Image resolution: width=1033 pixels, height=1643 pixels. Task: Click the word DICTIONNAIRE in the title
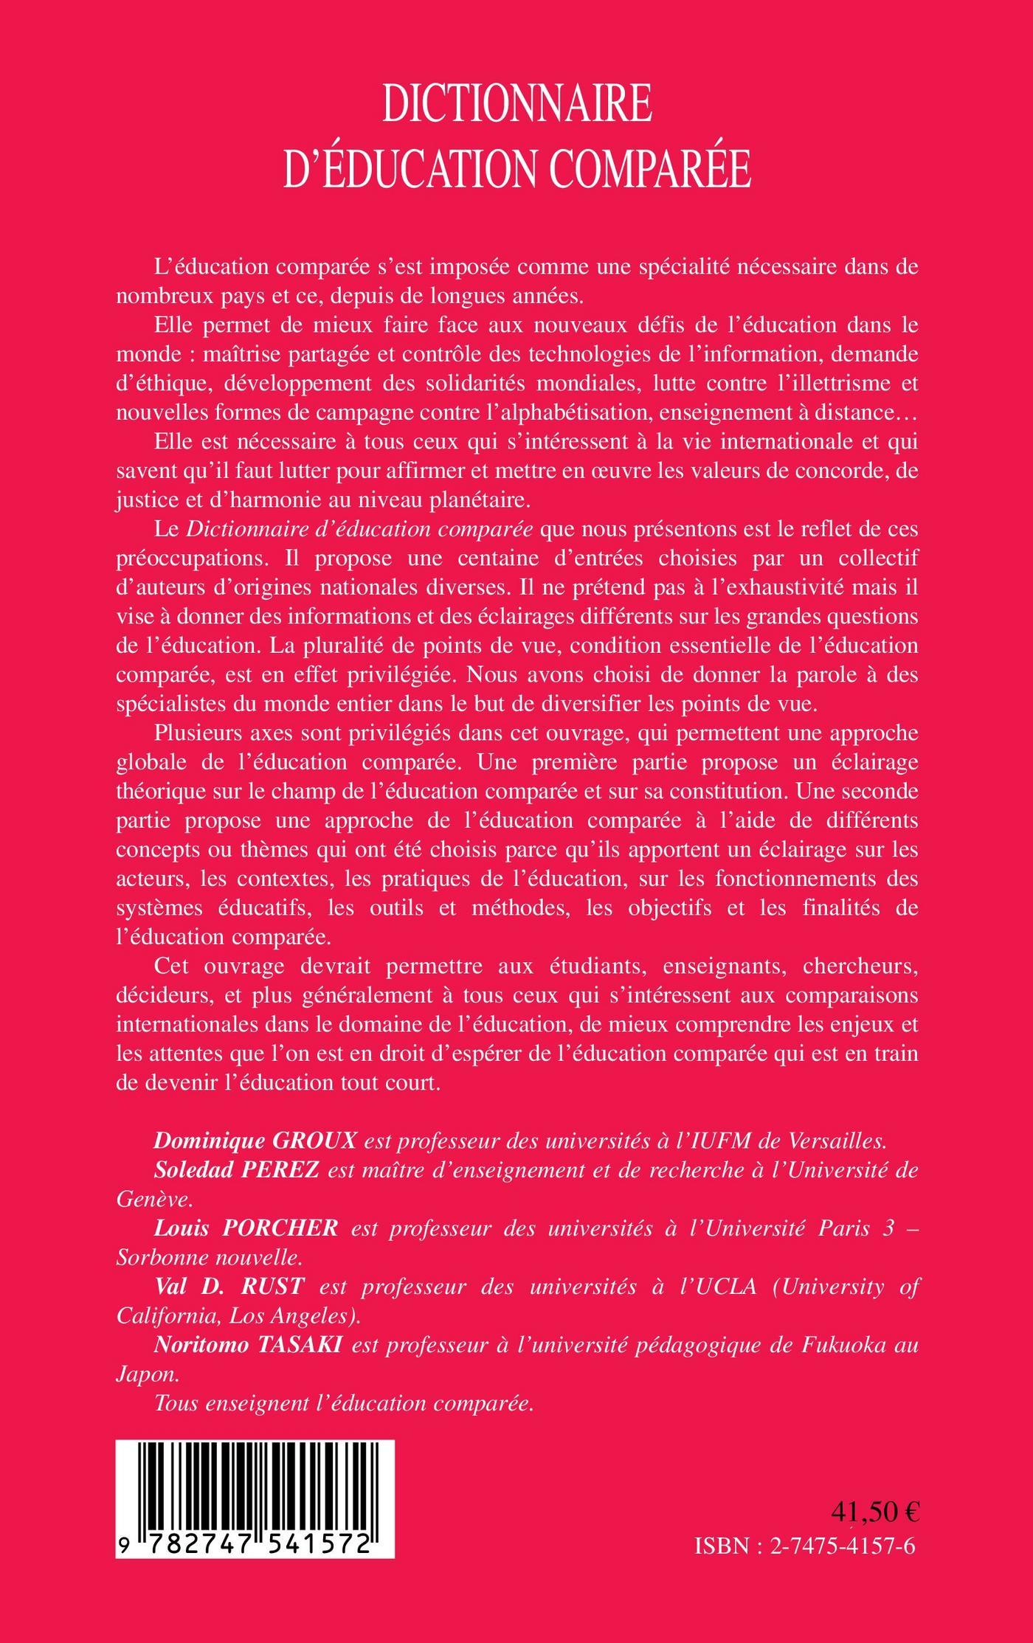516,104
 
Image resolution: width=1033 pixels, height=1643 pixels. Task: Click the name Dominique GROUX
255,1141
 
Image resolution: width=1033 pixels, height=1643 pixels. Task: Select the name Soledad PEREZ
236,1170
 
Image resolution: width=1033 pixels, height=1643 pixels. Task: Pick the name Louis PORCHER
246,1228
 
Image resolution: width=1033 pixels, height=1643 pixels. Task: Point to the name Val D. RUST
229,1287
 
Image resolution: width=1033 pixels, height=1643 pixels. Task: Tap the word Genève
153,1200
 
